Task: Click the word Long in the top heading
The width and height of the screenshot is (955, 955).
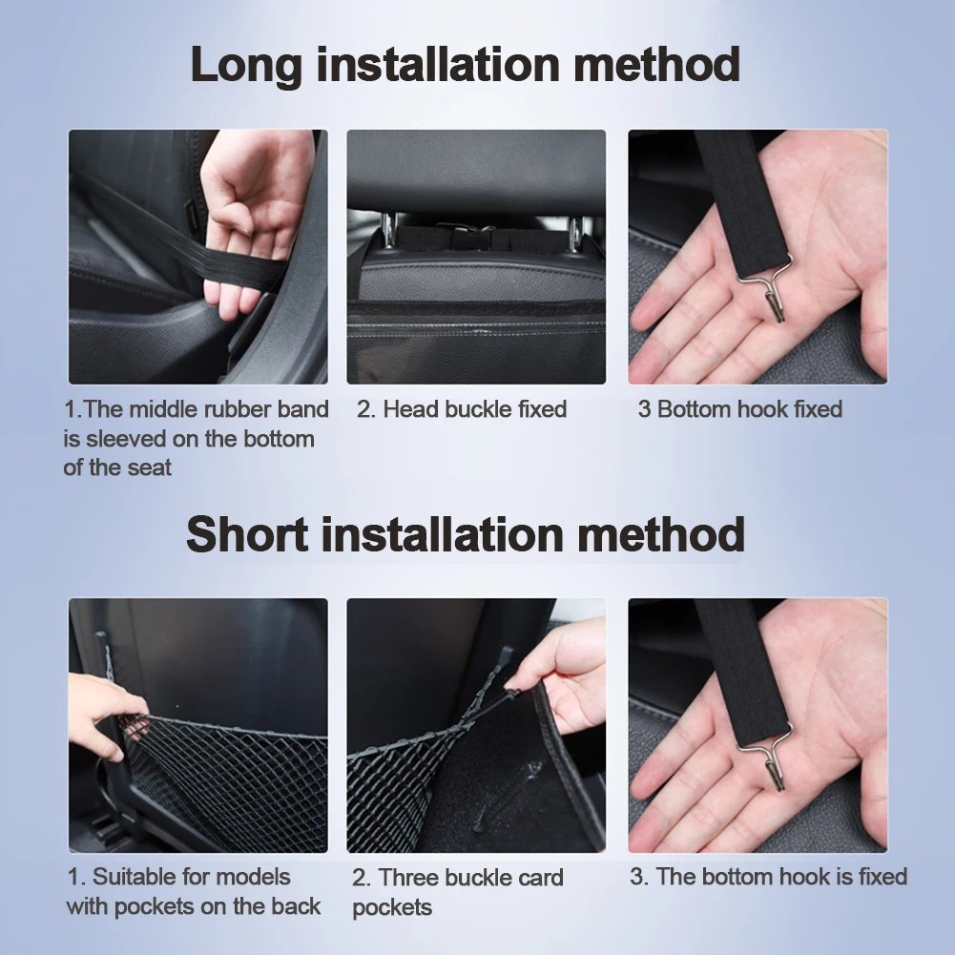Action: (x=245, y=65)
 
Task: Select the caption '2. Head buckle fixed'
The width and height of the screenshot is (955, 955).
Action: (x=462, y=409)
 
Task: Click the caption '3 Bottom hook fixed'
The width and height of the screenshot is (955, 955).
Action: (x=740, y=409)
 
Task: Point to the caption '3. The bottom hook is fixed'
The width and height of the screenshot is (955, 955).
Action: (x=769, y=877)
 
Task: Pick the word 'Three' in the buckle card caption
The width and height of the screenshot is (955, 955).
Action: (x=408, y=878)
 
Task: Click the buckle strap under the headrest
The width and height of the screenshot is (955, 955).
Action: (x=475, y=238)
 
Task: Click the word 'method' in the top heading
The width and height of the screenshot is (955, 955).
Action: (x=657, y=65)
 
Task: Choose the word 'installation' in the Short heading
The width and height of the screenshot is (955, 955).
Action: (x=442, y=534)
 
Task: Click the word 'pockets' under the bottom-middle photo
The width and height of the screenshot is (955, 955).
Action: (x=392, y=907)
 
